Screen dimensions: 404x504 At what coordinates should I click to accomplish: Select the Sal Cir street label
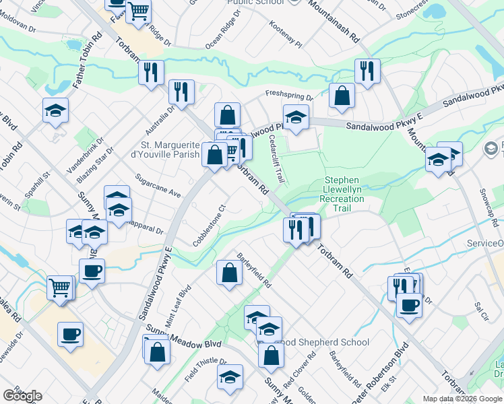coord(481,309)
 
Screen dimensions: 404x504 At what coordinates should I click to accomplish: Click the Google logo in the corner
coord(22,396)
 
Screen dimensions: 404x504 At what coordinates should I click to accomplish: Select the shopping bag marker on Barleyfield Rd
coord(229,273)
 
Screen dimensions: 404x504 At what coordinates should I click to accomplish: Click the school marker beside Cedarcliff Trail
coord(296,118)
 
